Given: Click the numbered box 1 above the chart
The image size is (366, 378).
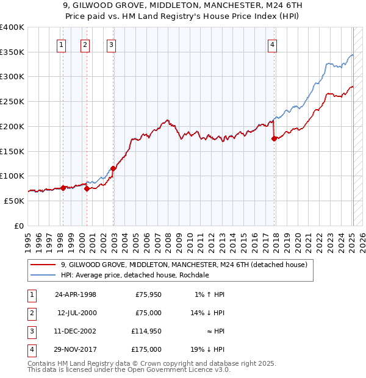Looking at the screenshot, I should (62, 44).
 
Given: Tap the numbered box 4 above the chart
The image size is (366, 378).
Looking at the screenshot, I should (272, 44).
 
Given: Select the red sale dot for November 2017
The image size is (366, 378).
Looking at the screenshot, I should (274, 139).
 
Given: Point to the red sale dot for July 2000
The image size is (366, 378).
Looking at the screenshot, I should (87, 188).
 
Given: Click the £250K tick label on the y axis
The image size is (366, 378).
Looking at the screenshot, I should (12, 101).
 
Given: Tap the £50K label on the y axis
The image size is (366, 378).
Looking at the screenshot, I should (15, 200).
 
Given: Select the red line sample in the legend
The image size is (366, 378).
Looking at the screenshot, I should (43, 265).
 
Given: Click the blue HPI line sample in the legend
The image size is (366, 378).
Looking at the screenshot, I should (43, 275).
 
